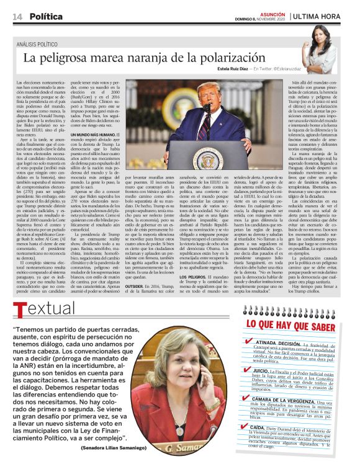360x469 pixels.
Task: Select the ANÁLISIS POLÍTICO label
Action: point(43,44)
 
